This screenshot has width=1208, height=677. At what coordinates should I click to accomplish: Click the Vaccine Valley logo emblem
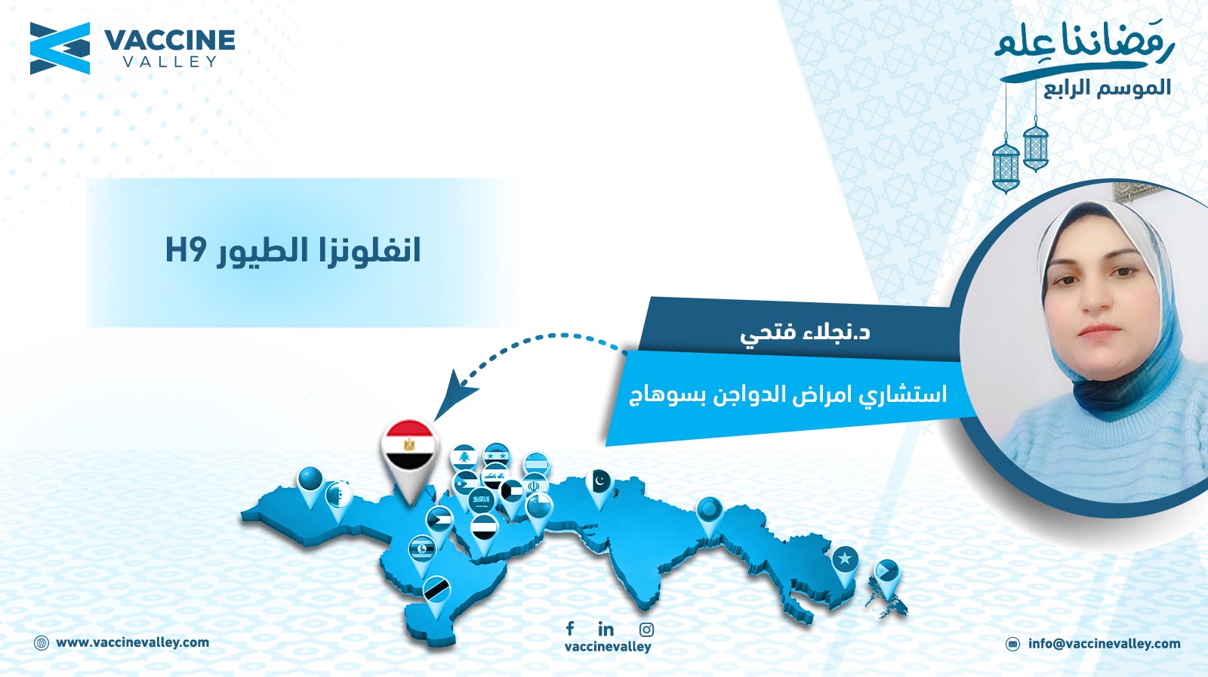coord(60,48)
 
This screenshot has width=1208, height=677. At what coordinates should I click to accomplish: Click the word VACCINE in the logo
coord(169,41)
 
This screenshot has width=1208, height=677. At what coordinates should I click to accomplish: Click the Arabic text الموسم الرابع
coord(1107,88)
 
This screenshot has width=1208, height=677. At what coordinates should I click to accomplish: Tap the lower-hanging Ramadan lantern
coord(1006,165)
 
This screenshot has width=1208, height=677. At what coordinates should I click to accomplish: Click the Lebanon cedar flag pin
coord(464,458)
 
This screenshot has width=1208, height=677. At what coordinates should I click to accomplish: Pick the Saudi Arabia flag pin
coord(480,502)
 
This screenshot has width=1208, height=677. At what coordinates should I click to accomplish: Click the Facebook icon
coord(570,629)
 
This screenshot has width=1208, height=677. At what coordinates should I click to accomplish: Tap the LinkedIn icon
coord(606,629)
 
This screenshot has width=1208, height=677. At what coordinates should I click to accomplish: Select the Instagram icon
coord(646,629)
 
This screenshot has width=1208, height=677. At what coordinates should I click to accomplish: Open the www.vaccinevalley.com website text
coord(132,643)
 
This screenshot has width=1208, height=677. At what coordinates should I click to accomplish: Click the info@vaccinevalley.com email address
coord(1105,644)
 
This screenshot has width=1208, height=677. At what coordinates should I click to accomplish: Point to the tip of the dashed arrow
coord(436,419)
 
